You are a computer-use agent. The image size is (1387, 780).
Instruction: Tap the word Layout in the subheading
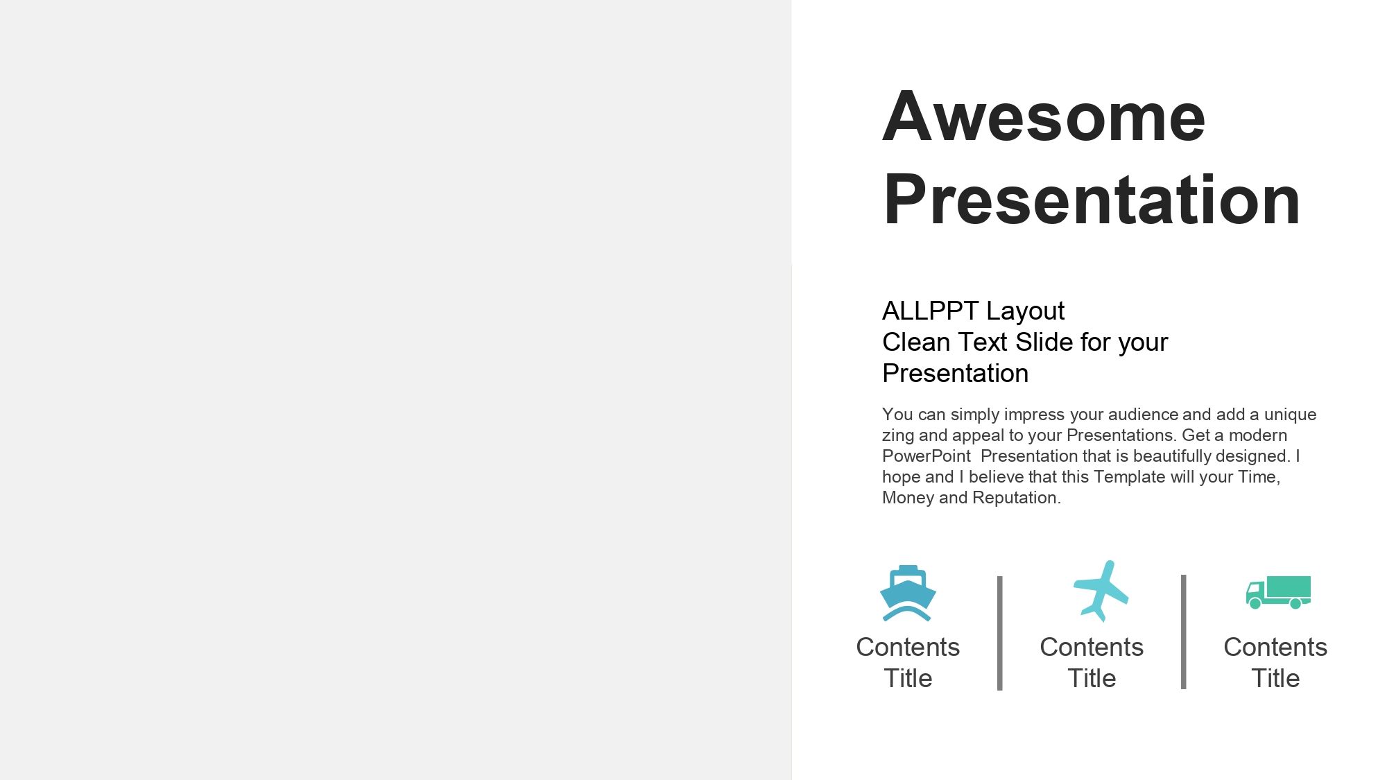click(x=1025, y=312)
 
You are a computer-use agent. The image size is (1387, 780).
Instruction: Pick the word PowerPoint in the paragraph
click(x=927, y=456)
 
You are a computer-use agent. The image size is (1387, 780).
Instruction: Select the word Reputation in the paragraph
click(x=1017, y=498)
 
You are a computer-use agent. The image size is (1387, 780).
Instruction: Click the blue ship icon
click(x=908, y=593)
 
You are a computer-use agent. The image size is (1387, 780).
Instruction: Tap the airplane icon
click(x=1101, y=591)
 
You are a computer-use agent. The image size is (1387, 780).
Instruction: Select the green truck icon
click(x=1278, y=592)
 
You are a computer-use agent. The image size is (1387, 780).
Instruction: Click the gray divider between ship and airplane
click(x=999, y=633)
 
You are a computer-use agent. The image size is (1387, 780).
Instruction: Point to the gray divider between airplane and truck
click(x=1183, y=632)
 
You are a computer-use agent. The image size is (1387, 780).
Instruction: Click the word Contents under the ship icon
click(x=908, y=647)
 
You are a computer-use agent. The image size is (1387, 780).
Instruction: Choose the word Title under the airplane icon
click(x=1092, y=678)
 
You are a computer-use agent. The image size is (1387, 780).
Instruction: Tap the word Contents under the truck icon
click(x=1275, y=647)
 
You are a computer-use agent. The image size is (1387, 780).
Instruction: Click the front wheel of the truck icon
click(x=1255, y=604)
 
